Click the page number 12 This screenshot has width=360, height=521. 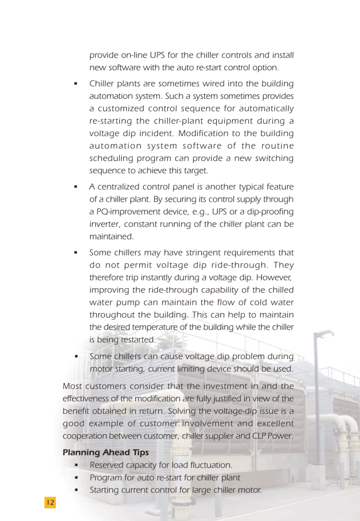pyautogui.click(x=50, y=502)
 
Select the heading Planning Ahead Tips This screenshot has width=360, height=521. pyautogui.click(x=95, y=452)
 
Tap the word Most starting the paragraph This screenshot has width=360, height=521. pyautogui.click(x=72, y=387)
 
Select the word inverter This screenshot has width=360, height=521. pyautogui.click(x=105, y=224)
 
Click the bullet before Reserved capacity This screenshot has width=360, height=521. pyautogui.click(x=75, y=465)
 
